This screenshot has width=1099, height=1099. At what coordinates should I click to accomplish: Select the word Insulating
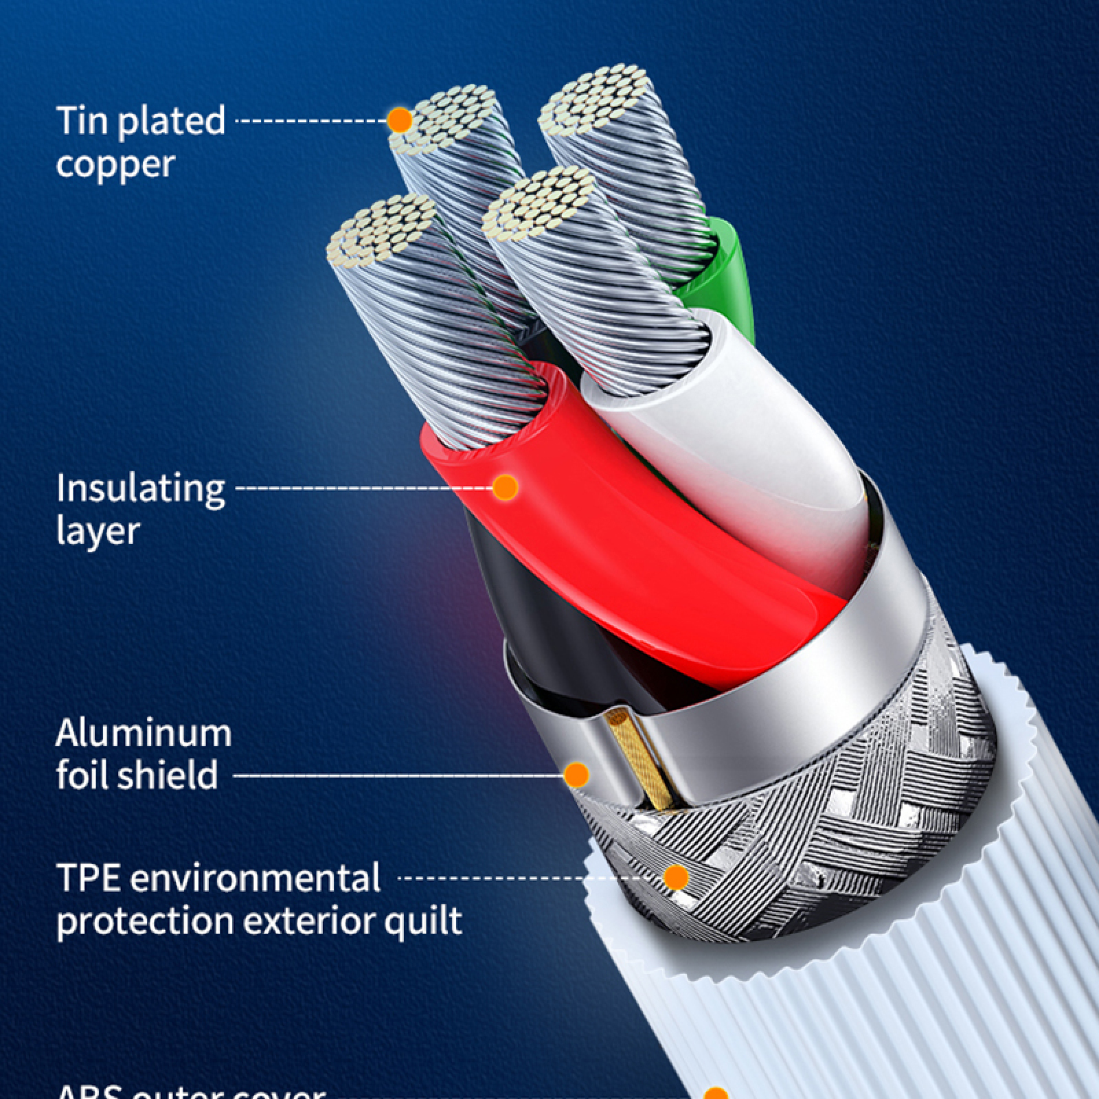pos(140,489)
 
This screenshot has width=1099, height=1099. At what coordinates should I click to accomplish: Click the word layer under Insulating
pos(98,530)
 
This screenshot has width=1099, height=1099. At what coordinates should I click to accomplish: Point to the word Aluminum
pos(143,733)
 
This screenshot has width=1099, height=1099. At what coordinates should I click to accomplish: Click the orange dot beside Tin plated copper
pos(399,121)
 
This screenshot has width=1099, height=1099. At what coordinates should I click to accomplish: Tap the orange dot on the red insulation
pos(506,487)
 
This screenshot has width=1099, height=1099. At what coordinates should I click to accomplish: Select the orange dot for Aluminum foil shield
pos(576,775)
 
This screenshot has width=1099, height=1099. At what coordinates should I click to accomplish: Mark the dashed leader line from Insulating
pos(364,488)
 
